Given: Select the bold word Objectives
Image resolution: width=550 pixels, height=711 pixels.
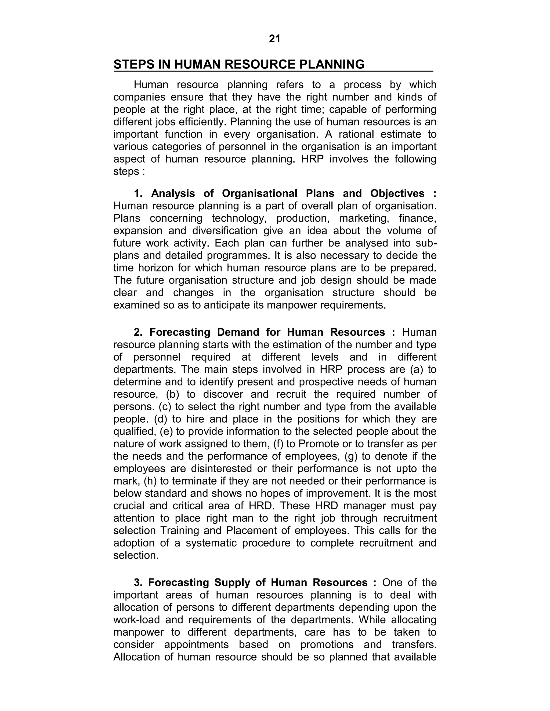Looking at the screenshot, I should coord(397,193).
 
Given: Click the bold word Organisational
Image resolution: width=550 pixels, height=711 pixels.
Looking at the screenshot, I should coord(259,193).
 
